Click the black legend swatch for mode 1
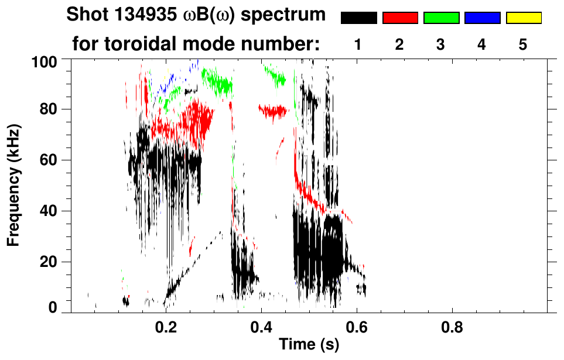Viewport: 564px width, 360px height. (358, 18)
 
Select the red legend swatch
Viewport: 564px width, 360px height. (400, 18)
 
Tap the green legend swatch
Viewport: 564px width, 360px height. (441, 18)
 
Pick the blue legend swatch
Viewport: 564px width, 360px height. (482, 18)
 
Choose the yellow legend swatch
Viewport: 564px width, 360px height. (523, 18)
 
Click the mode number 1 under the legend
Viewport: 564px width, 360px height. (358, 44)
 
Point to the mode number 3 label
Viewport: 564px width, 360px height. (441, 44)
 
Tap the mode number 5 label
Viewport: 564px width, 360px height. (523, 44)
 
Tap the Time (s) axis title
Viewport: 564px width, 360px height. (309, 345)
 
